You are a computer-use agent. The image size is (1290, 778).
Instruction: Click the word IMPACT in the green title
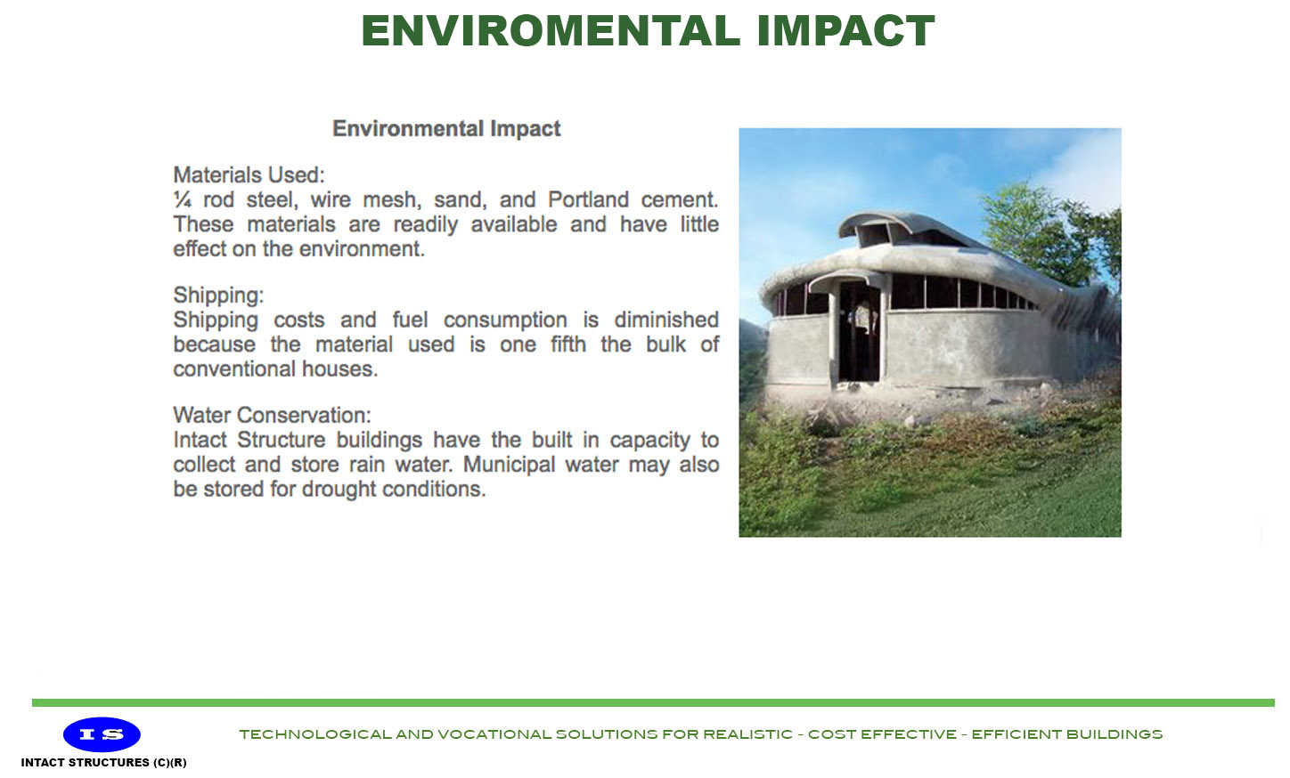(845, 31)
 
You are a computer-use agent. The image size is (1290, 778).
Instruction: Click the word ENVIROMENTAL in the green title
(551, 31)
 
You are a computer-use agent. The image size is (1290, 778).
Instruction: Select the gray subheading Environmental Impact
(446, 129)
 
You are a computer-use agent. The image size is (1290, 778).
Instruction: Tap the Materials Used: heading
(249, 175)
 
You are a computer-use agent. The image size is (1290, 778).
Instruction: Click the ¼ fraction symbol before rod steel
(183, 200)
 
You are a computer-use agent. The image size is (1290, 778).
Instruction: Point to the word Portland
(588, 200)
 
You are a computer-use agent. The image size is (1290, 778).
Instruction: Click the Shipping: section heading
(218, 296)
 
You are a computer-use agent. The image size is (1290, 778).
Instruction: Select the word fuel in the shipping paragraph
(410, 320)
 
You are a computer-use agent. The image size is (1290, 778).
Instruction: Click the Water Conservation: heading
(272, 416)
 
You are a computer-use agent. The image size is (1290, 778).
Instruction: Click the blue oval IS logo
(102, 734)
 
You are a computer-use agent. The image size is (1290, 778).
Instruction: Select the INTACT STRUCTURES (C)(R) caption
(103, 763)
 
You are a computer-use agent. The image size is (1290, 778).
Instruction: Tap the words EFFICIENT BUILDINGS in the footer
(1066, 734)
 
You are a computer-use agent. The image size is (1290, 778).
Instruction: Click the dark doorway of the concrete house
(857, 334)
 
